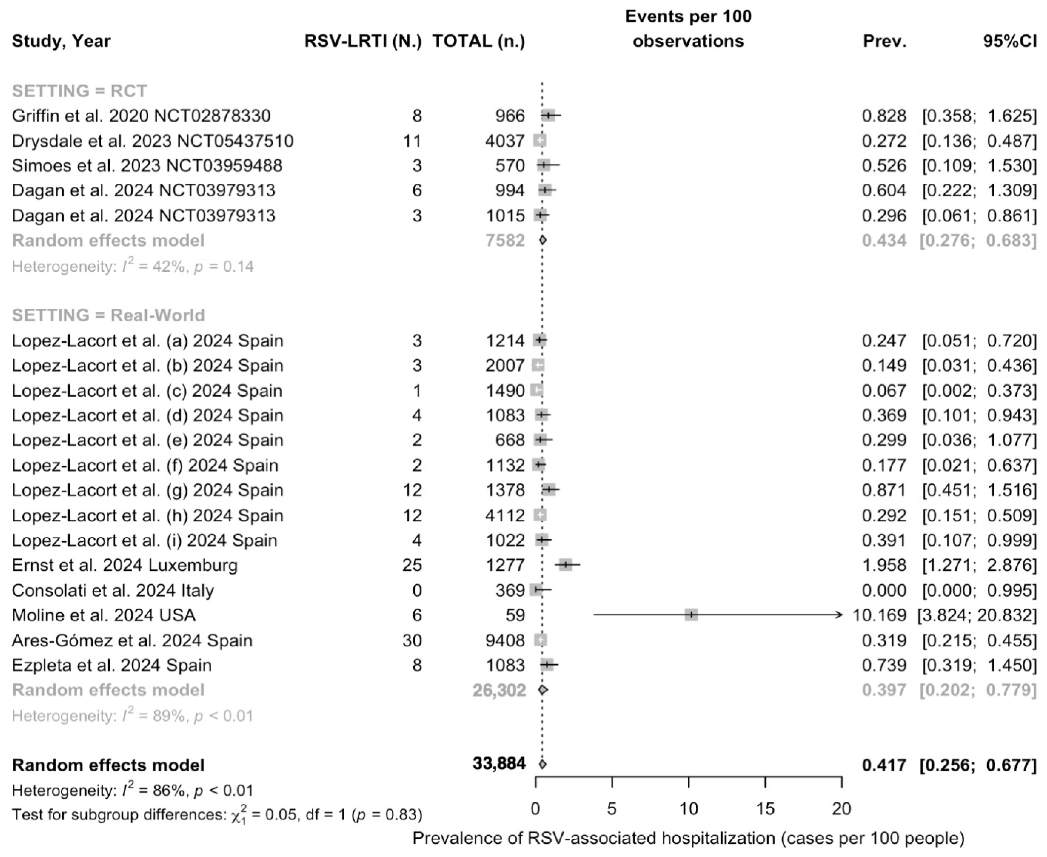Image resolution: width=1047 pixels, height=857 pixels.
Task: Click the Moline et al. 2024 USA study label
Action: [104, 615]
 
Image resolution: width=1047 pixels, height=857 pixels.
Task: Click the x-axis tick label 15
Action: [765, 809]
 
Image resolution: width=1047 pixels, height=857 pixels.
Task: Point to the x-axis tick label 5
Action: [612, 809]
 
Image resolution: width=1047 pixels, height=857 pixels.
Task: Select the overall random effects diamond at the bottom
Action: [542, 764]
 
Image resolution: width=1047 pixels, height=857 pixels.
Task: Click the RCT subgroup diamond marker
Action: [542, 240]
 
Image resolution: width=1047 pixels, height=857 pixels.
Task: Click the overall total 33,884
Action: [499, 764]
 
